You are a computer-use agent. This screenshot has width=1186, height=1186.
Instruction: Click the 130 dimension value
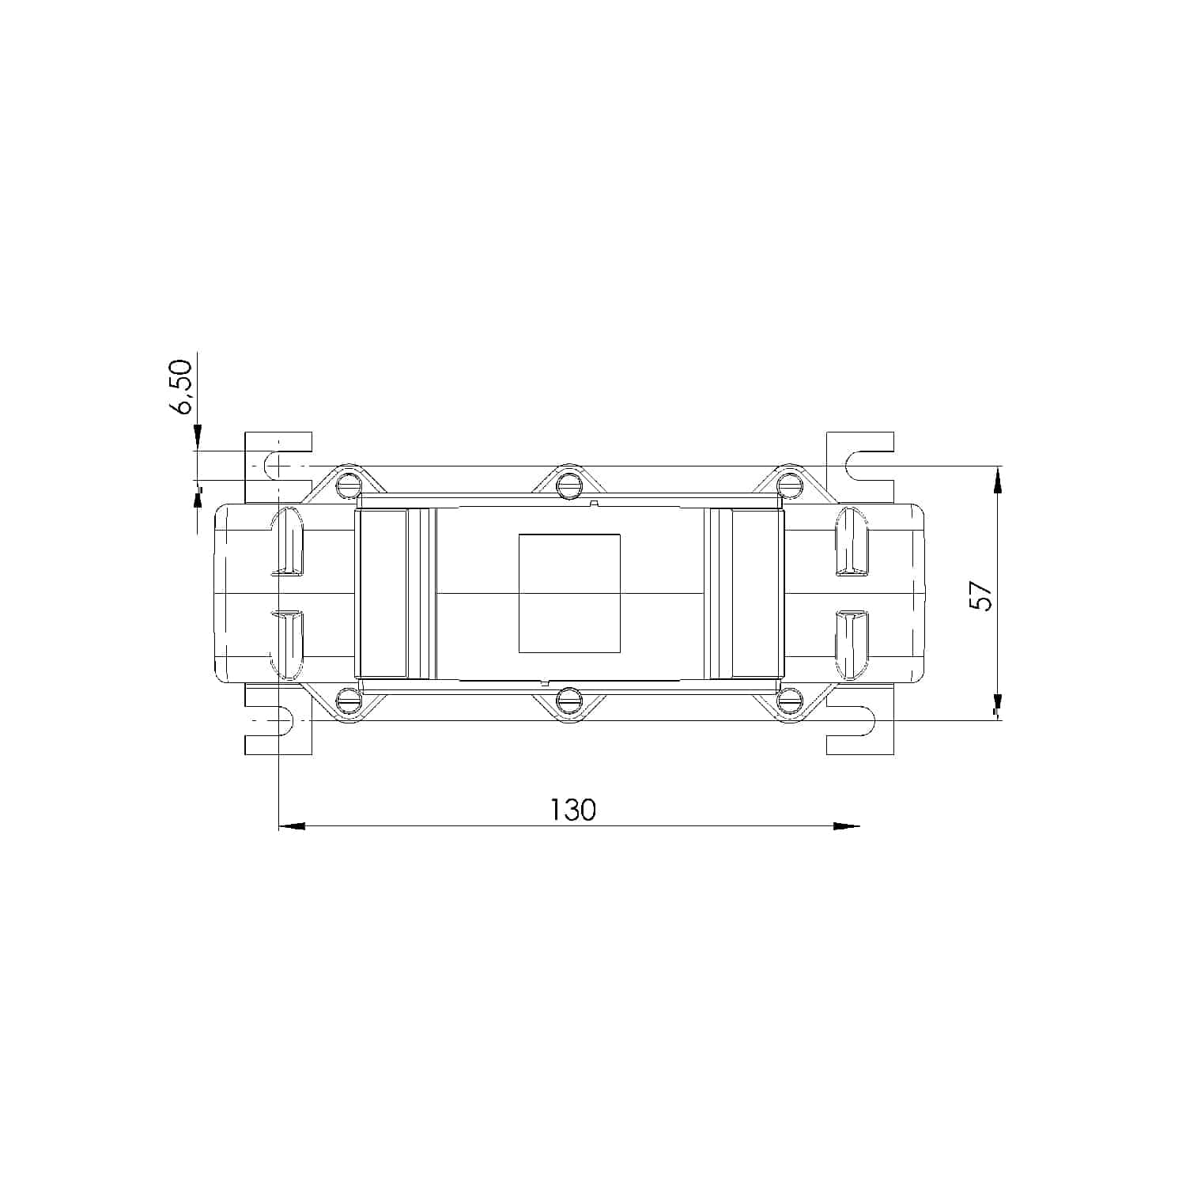click(x=572, y=810)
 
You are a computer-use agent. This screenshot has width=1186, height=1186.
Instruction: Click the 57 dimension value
click(x=981, y=596)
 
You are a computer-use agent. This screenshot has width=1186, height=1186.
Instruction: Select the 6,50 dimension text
click(x=181, y=387)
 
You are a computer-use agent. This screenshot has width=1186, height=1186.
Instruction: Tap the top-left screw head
click(x=347, y=485)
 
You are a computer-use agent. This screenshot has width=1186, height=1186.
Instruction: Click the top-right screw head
click(x=788, y=485)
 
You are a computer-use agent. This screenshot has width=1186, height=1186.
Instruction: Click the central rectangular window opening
click(x=569, y=593)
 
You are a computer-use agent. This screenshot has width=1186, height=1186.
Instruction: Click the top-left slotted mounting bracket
click(x=278, y=466)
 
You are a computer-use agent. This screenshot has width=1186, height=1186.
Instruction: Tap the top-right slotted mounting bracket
click(x=860, y=466)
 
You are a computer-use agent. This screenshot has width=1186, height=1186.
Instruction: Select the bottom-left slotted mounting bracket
click(x=278, y=720)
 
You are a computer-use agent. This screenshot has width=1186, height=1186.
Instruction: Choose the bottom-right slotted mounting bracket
click(x=860, y=720)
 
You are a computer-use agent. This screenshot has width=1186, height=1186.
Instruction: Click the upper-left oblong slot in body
click(x=288, y=542)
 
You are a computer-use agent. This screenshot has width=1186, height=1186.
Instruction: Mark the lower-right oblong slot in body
click(x=852, y=644)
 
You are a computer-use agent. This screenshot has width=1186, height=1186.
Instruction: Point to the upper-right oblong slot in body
click(x=852, y=542)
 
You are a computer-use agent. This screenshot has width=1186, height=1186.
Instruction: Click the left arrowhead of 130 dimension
click(x=292, y=826)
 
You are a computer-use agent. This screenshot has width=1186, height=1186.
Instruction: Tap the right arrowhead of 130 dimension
click(x=847, y=826)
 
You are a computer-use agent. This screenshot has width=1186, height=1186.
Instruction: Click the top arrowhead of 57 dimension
click(x=998, y=478)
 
